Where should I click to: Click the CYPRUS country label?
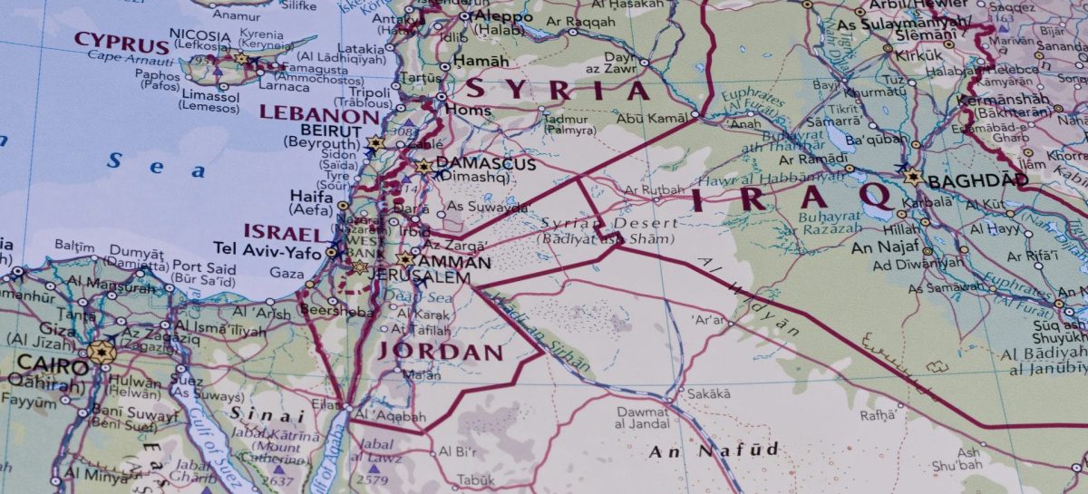[x=121, y=41]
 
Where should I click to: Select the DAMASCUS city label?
[x=486, y=165]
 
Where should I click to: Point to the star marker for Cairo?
[x=102, y=353]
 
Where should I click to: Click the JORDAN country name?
[x=440, y=352]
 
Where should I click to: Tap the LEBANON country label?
[x=319, y=115]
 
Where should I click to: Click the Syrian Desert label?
[x=609, y=223]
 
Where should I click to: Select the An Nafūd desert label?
[x=714, y=450]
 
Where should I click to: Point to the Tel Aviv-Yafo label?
[x=267, y=247]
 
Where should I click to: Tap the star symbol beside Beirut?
[x=376, y=143]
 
